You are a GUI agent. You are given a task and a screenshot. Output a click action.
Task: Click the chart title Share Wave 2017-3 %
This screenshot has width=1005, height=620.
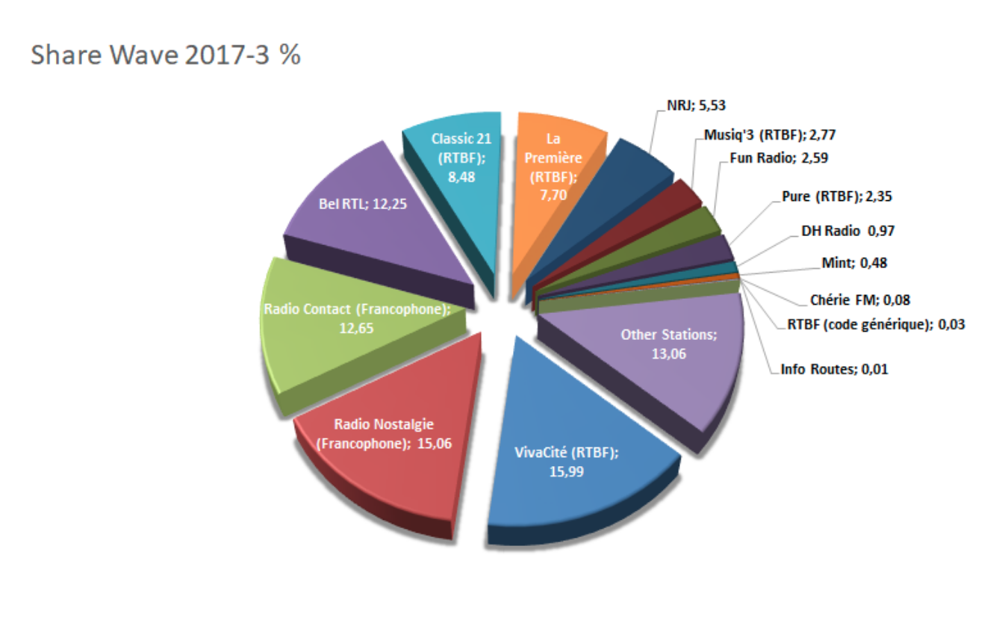165,56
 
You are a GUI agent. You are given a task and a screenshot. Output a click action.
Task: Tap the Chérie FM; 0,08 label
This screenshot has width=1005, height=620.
859,300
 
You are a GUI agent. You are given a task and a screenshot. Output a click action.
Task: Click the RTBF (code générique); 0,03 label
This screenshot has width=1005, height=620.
875,325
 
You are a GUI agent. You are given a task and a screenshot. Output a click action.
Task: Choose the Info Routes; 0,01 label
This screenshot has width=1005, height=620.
835,369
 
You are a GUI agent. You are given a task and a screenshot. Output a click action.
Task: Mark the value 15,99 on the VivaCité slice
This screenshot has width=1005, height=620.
567,472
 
